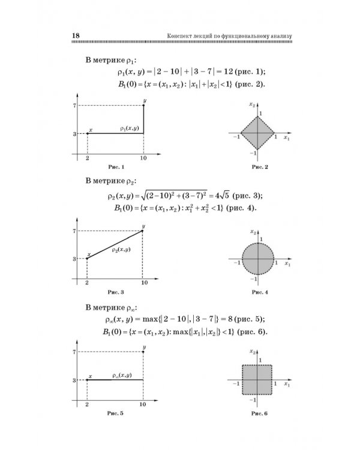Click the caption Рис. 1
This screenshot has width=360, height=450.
pos(115,166)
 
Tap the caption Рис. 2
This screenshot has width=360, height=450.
pos(259,167)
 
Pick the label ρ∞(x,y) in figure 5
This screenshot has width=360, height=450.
pos(122,375)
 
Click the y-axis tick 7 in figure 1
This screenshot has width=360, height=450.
pos(73,106)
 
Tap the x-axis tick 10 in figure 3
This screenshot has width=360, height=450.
pos(143,282)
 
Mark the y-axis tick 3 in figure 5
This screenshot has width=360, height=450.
pos(73,380)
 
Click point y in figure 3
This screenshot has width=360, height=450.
pos(143,230)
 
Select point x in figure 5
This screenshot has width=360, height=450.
pos(88,380)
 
